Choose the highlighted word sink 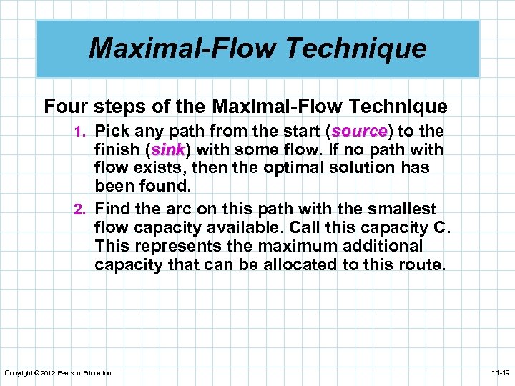point(168,150)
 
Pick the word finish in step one point(117,150)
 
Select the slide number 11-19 point(500,373)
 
